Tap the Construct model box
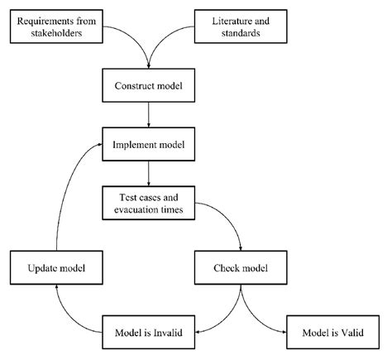pyautogui.click(x=149, y=85)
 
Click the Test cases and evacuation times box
pyautogui.click(x=149, y=203)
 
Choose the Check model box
pyautogui.click(x=241, y=268)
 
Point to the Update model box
pyautogui.click(x=55, y=268)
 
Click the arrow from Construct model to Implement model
pyautogui.click(x=149, y=114)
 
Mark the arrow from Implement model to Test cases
pyautogui.click(x=149, y=173)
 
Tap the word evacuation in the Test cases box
pyautogui.click(x=135, y=209)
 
